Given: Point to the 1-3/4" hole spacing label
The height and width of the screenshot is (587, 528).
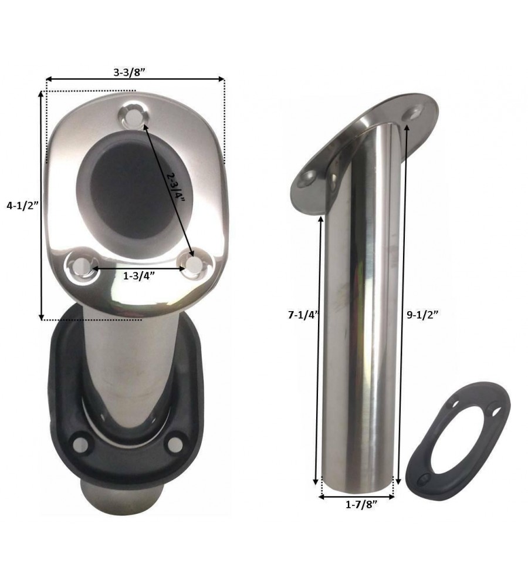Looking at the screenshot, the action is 139,276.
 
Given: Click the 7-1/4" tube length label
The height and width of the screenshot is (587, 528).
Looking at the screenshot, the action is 303,315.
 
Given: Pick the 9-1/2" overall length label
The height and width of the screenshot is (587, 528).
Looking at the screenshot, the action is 422,315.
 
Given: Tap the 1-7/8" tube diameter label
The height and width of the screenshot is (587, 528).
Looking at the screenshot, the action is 361,505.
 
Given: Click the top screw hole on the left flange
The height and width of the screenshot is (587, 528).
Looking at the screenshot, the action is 133,116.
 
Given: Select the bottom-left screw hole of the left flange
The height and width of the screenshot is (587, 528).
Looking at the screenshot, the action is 81,266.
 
